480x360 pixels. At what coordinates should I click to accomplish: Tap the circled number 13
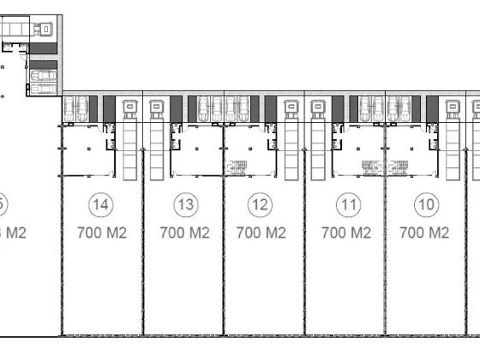[x=185, y=204]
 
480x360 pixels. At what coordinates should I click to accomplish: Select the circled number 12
[x=261, y=204]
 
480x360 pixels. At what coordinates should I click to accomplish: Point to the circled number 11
[x=349, y=204]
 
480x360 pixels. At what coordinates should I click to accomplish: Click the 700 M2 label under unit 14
[x=102, y=233]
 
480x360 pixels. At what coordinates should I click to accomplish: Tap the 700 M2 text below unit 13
[x=185, y=233]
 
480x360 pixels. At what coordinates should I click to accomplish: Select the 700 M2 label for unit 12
[x=261, y=233]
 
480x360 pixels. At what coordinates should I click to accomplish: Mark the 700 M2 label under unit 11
[x=346, y=233]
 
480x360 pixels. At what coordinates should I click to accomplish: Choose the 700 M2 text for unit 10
[x=424, y=233]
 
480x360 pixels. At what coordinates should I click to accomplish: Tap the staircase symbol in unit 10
[x=397, y=166]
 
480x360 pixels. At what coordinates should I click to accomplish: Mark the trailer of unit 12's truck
[x=291, y=150]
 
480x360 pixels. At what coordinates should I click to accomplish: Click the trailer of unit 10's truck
[x=452, y=150]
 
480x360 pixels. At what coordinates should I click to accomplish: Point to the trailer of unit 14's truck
[x=130, y=150]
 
